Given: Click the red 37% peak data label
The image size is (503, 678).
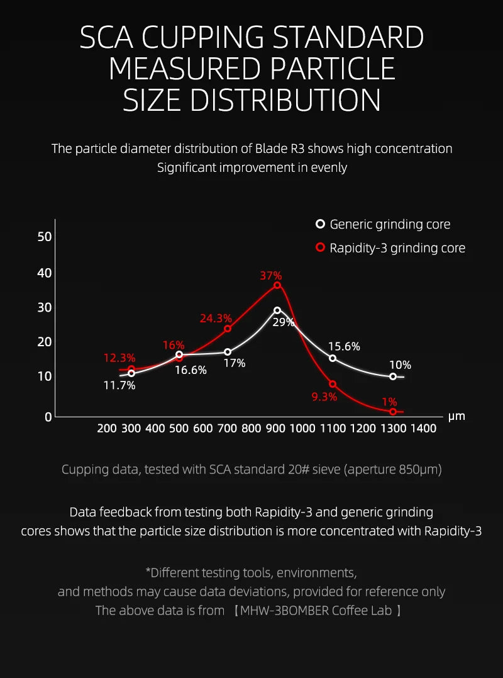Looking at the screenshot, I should click(x=271, y=276).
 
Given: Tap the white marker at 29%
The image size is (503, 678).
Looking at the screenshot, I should click(x=277, y=310).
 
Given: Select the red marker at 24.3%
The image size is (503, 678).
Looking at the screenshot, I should click(x=228, y=329).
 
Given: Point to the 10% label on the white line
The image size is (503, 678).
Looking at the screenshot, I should click(x=400, y=364).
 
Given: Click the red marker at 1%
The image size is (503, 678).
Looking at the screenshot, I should click(x=393, y=412).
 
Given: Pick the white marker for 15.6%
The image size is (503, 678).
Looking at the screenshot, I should click(x=333, y=358).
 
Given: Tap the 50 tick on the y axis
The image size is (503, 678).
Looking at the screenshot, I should click(x=45, y=237).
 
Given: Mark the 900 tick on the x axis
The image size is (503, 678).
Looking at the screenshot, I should click(x=275, y=429).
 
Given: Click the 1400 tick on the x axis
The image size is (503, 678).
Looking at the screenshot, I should click(x=423, y=429).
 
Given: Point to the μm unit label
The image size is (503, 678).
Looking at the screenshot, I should click(x=456, y=416).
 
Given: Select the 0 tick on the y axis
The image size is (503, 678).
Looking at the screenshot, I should click(x=47, y=416).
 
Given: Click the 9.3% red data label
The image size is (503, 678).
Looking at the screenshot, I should click(x=324, y=397).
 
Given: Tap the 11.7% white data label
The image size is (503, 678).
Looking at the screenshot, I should click(x=119, y=385).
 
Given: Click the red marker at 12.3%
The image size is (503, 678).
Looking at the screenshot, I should click(x=131, y=370).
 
